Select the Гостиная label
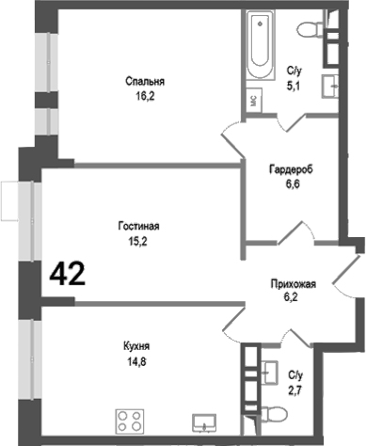click(x=138, y=226)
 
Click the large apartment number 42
click(x=67, y=274)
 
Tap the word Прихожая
click(x=293, y=283)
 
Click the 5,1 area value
click(x=294, y=83)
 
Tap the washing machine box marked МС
click(x=255, y=99)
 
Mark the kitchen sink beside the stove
click(x=204, y=419)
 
